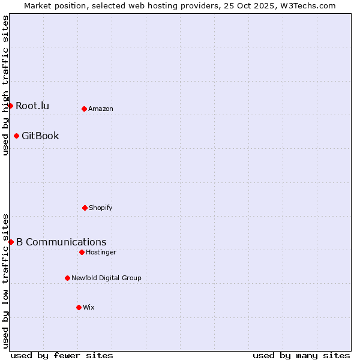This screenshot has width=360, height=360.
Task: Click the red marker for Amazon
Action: pyautogui.click(x=84, y=109)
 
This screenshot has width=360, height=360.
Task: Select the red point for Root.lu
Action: pyautogui.click(x=10, y=106)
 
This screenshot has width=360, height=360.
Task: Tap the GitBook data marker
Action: pyautogui.click(x=16, y=136)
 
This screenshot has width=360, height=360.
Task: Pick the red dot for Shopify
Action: pyautogui.click(x=85, y=208)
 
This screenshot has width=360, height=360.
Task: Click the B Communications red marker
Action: pyautogui.click(x=11, y=242)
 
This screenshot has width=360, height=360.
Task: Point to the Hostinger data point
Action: pyautogui.click(x=82, y=252)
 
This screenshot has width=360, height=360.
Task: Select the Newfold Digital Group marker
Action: pyautogui.click(x=67, y=278)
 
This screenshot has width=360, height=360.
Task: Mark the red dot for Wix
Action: pyautogui.click(x=79, y=307)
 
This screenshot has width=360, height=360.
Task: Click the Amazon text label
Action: pyautogui.click(x=101, y=109)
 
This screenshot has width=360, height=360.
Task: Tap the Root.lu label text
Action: pyautogui.click(x=32, y=106)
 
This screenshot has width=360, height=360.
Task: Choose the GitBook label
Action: pyautogui.click(x=40, y=136)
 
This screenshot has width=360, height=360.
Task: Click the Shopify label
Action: pyautogui.click(x=101, y=208)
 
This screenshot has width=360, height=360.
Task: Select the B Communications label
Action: pyautogui.click(x=61, y=242)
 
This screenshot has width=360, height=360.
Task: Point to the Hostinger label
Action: pyautogui.click(x=101, y=252)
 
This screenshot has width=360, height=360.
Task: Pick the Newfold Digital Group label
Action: pyautogui.click(x=106, y=278)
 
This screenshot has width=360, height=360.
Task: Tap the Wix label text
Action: pyautogui.click(x=89, y=307)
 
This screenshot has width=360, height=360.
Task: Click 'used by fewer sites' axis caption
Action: pyautogui.click(x=62, y=355)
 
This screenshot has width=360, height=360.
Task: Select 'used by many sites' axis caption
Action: pyautogui.click(x=301, y=355)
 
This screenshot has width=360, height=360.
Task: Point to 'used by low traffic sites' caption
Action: pyautogui.click(x=6, y=280)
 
